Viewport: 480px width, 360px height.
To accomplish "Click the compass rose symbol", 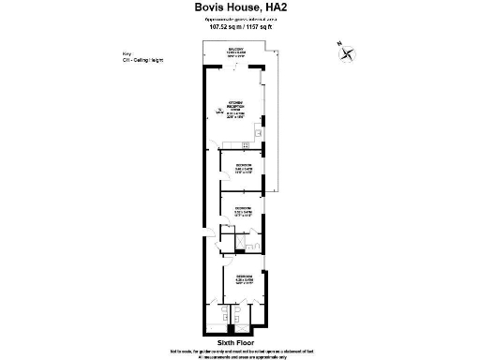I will [x=350, y=54].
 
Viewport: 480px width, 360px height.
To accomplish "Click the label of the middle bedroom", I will [x=242, y=210].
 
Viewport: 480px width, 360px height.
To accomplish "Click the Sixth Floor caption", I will [x=237, y=343].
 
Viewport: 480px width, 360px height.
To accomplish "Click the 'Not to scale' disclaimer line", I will [x=240, y=351].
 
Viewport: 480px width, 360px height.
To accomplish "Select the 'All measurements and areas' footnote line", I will [x=240, y=356].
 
